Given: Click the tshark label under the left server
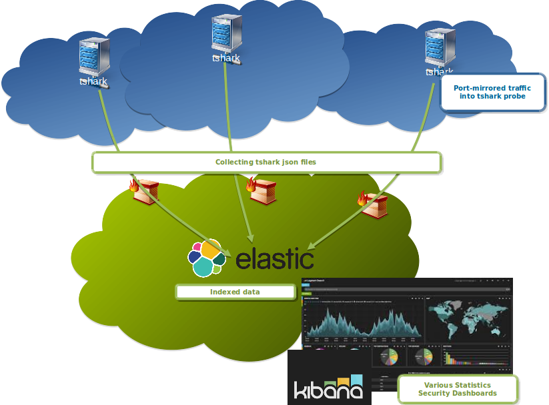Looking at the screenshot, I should (93, 82).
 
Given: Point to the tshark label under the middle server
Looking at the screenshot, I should (226, 58).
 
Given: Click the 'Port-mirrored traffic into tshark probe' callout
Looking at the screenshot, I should (492, 92).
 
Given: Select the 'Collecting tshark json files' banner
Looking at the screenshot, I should (265, 162).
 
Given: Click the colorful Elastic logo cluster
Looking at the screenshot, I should (207, 257).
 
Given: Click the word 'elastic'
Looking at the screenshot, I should (274, 258).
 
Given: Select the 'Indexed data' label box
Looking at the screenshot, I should (235, 292).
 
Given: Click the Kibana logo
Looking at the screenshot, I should (329, 388).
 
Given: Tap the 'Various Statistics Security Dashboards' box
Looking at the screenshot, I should (457, 389).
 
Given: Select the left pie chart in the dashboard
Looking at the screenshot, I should (389, 357).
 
